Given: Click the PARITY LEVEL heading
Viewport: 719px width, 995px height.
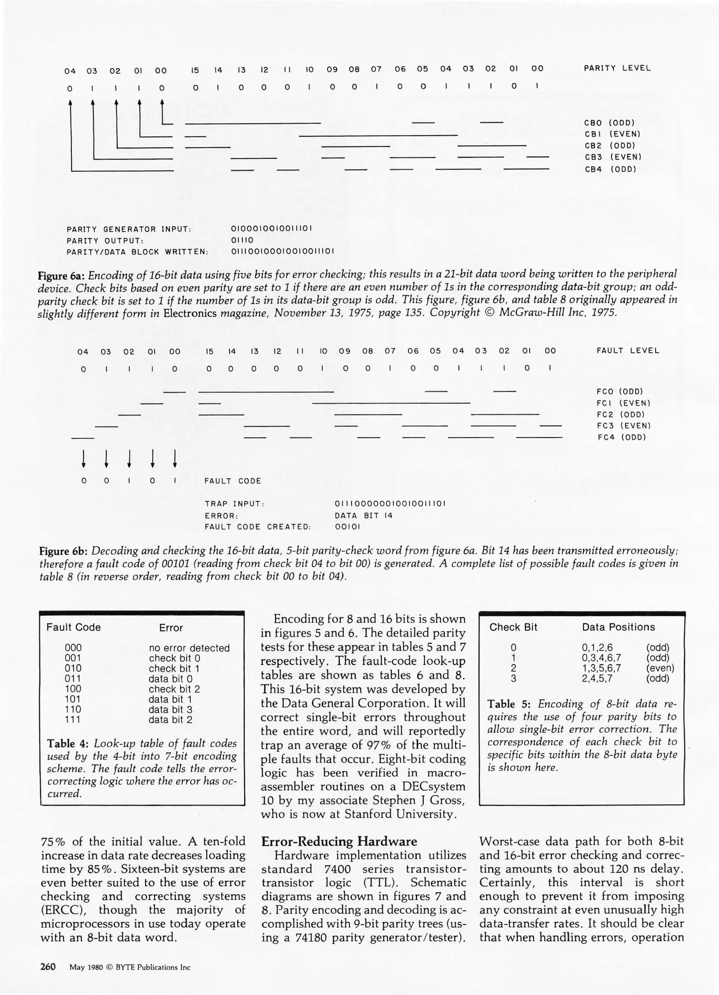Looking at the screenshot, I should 617,68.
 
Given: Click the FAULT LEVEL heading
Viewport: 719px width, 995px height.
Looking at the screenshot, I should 628,351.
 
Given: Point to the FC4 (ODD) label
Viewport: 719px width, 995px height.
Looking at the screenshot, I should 622,437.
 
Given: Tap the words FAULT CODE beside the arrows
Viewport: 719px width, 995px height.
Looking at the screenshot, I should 233,481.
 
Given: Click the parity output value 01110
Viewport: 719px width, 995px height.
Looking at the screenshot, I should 242,240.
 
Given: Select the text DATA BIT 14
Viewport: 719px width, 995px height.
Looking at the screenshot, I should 363,515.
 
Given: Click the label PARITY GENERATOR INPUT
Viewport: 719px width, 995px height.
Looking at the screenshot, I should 129,229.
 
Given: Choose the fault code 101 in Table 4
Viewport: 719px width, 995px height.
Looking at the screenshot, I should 73,699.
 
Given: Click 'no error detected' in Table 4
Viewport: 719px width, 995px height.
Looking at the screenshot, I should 189,648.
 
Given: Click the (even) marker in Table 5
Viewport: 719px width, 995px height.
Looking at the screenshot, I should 660,668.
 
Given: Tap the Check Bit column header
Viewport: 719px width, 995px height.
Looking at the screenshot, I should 513,627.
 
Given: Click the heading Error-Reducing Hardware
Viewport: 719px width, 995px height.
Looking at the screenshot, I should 339,842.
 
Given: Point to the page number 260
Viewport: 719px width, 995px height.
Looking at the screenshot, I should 48,966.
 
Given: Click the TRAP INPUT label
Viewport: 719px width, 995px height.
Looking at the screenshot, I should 234,504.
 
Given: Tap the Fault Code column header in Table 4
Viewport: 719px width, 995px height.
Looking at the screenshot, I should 74,627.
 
